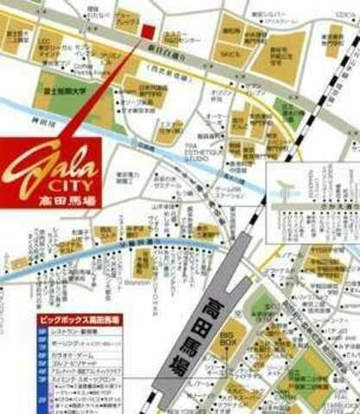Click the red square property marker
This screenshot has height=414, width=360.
point(147,33)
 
